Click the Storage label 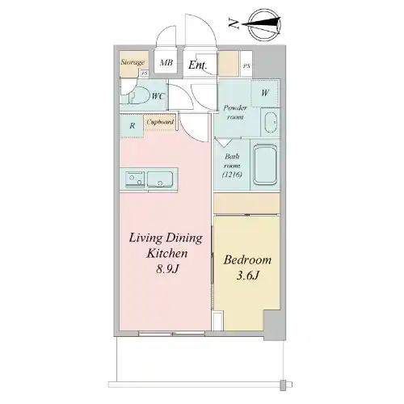coord(133,62)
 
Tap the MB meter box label coord(166,63)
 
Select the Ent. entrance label coord(197,65)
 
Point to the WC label coord(158,96)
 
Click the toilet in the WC coord(138,96)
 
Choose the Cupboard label coord(160,122)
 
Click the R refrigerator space coord(132,126)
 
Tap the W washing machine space coord(265,93)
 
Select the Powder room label coord(235,112)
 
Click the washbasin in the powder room coord(271,123)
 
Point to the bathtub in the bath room coord(265,165)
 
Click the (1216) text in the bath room coord(232,175)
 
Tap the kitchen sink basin coord(160,179)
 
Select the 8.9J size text coord(167,269)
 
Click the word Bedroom coord(247,260)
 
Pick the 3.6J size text coord(248,276)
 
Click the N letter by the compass coord(234,24)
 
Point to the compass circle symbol coord(264,25)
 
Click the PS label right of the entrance coord(246,65)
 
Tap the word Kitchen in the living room coord(167,253)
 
